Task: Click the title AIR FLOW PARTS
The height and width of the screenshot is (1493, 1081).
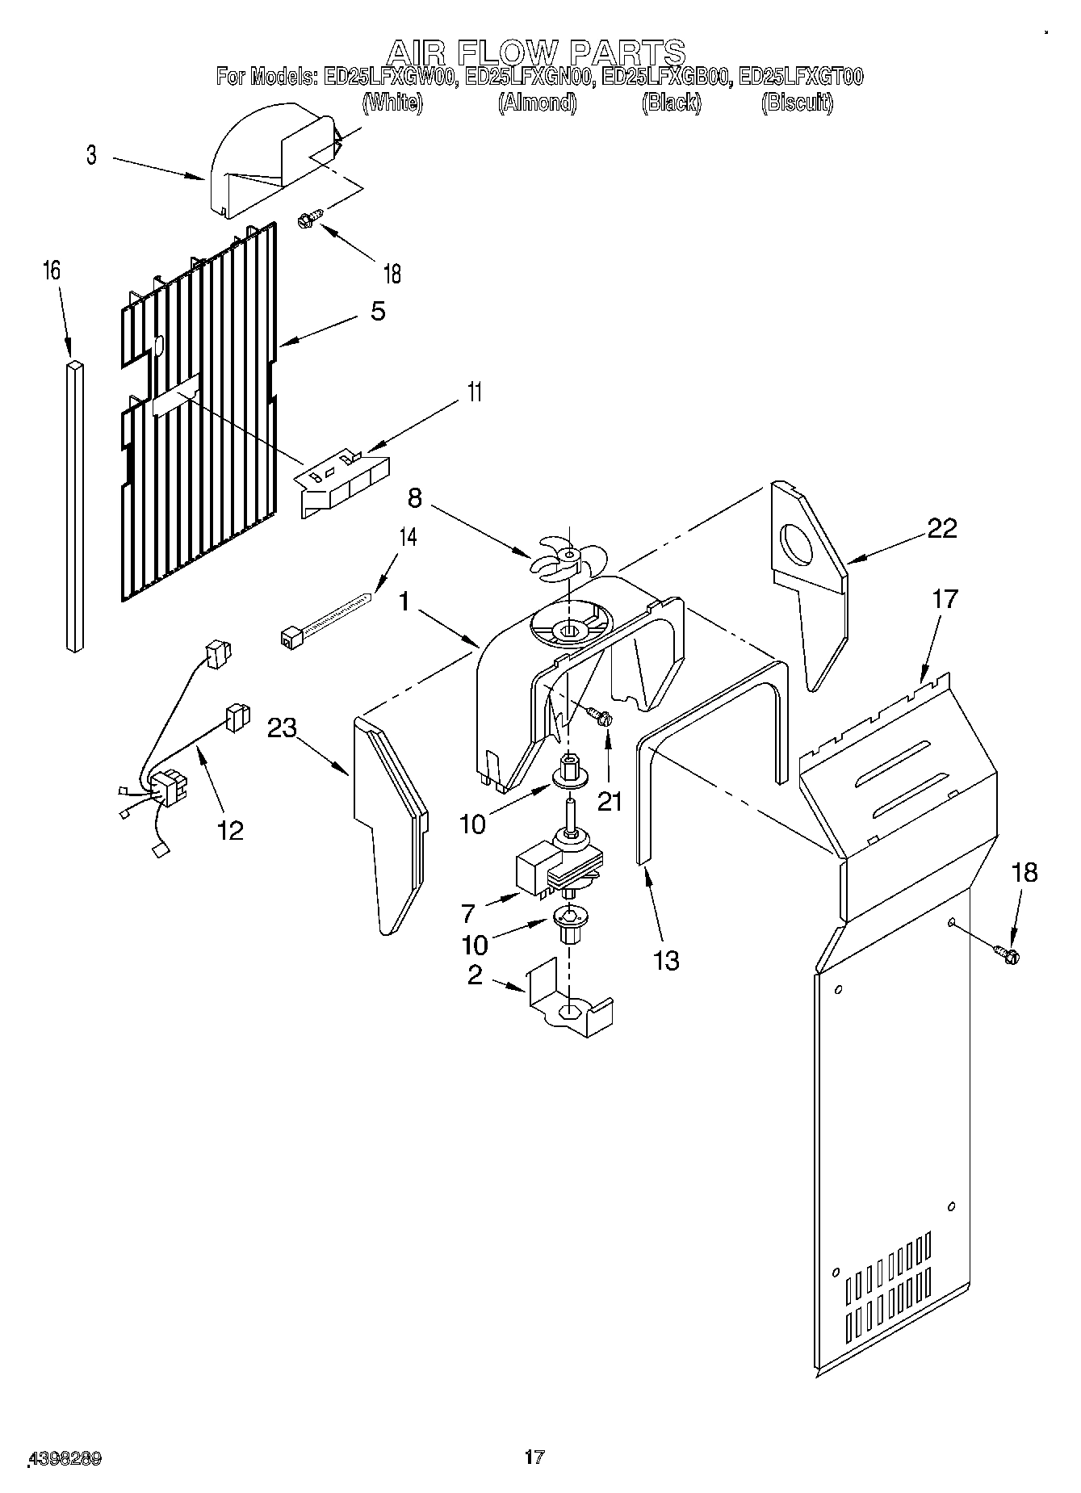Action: coord(536,52)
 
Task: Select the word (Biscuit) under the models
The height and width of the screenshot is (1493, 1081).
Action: coord(797,103)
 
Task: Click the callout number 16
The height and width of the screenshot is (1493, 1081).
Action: coord(51,271)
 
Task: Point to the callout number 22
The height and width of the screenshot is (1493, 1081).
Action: coord(942,529)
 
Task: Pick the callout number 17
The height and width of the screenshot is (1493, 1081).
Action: coord(945,599)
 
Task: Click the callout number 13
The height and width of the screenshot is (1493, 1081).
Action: coord(667,960)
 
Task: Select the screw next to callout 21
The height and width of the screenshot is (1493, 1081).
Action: coord(599,715)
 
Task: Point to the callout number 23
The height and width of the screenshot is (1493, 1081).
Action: coord(282,728)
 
